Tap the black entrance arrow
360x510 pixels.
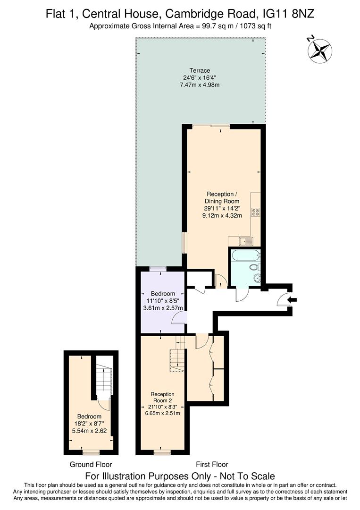click(x=293, y=299)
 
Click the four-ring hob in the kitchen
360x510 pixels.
click(x=255, y=212)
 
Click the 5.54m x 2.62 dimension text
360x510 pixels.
click(x=90, y=431)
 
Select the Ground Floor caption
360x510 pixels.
click(x=91, y=464)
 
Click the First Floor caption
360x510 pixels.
click(x=209, y=464)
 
